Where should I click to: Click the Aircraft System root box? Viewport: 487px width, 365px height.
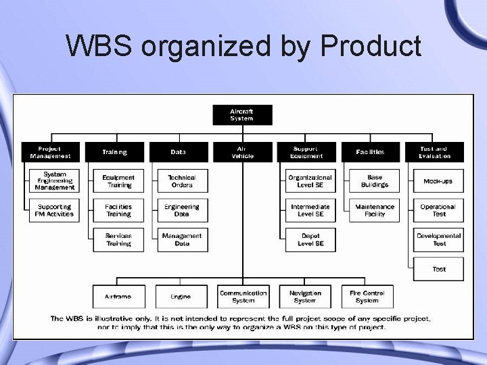pos(242,114)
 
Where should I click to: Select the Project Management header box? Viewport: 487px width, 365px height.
pos(50,152)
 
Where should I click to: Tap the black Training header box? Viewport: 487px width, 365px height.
pos(114,152)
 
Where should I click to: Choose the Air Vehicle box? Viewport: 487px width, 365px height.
pos(242,152)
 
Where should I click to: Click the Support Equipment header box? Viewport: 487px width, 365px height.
pos(306,152)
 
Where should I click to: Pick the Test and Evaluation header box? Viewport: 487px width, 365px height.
pos(434,152)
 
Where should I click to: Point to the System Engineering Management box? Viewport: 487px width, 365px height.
pos(55,181)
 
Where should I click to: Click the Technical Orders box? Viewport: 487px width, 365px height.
pos(182,181)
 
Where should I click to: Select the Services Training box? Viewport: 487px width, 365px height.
pos(118,239)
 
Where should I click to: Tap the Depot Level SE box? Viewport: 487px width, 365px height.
pos(310,239)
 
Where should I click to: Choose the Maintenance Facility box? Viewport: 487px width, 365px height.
pos(375,210)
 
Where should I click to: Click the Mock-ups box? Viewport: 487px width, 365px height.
pos(439,181)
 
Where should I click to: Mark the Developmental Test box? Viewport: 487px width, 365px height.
pos(439,239)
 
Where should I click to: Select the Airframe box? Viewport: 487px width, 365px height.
pos(118,297)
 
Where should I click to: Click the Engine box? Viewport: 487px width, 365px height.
pos(181,297)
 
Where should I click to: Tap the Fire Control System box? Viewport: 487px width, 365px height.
pos(367,297)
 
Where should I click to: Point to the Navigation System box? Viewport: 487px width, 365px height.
pos(305,297)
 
